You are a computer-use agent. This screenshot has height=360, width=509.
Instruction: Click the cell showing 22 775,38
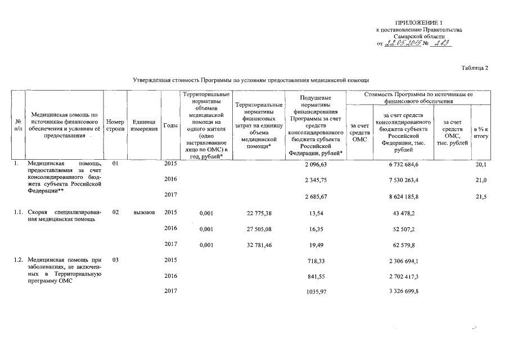[259, 213]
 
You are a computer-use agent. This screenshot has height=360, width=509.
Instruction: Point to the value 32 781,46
[259, 245]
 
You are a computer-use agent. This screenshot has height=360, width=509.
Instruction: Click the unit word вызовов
[144, 213]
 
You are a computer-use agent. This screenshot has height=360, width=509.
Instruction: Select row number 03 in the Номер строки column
[115, 260]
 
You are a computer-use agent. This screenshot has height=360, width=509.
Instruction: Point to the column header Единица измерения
[145, 125]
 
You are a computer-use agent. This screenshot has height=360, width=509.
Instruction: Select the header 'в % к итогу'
[480, 133]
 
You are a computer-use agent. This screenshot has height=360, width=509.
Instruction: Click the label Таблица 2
[474, 68]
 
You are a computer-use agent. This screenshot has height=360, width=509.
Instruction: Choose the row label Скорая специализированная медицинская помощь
[64, 217]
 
